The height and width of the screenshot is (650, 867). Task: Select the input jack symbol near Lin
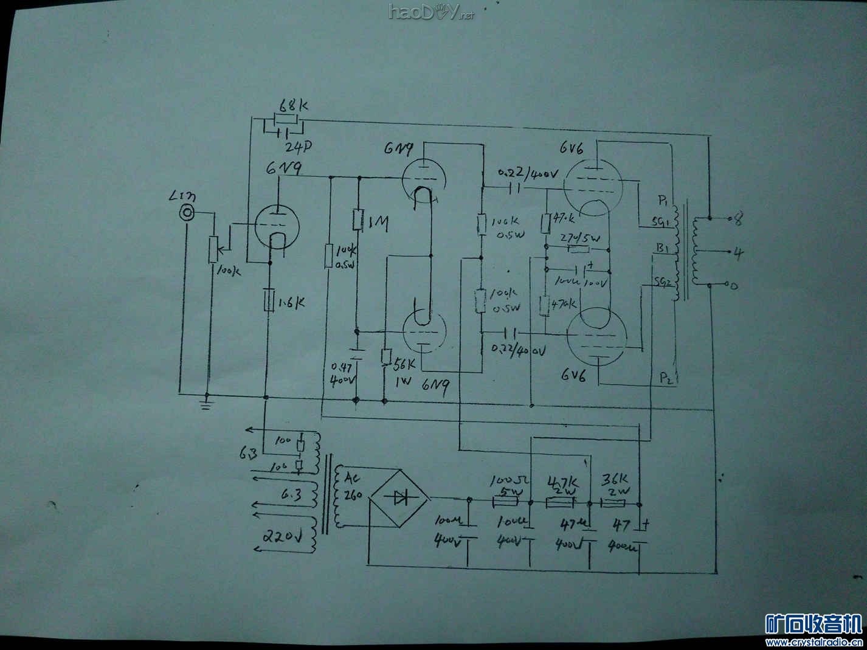(x=188, y=212)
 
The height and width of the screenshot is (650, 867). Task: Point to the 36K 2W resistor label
(x=615, y=483)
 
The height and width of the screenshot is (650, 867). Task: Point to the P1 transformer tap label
(x=663, y=200)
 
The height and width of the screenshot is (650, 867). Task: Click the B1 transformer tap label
(x=662, y=249)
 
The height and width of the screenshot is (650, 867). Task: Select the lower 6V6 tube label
(x=573, y=376)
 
